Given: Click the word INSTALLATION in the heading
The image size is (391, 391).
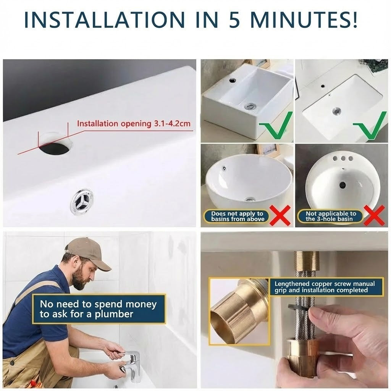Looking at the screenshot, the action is [105, 20].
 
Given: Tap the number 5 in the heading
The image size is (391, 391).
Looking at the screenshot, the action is [234, 20].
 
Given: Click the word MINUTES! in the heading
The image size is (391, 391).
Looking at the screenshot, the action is [304, 20].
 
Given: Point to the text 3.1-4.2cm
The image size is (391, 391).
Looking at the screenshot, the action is [172, 124].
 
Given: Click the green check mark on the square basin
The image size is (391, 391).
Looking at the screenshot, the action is [276, 125].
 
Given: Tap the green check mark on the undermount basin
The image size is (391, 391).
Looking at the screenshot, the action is [370, 125].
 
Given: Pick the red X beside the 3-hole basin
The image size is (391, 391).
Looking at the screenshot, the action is [374, 216].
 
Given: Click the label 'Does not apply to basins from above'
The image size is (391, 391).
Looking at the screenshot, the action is [238, 217].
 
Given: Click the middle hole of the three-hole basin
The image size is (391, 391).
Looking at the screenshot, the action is [343, 158].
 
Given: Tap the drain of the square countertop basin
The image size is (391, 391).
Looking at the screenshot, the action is [249, 107].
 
